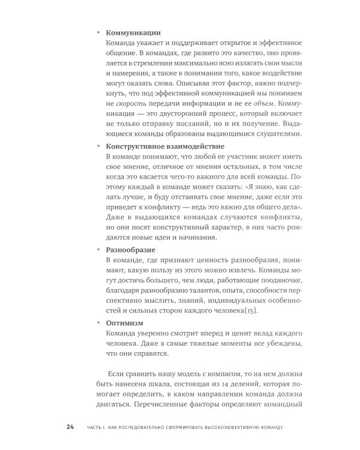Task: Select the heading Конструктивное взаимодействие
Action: tap(166, 146)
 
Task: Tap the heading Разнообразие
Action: tap(131, 248)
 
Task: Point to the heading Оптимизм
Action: tap(124, 322)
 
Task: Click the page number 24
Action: tap(70, 427)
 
